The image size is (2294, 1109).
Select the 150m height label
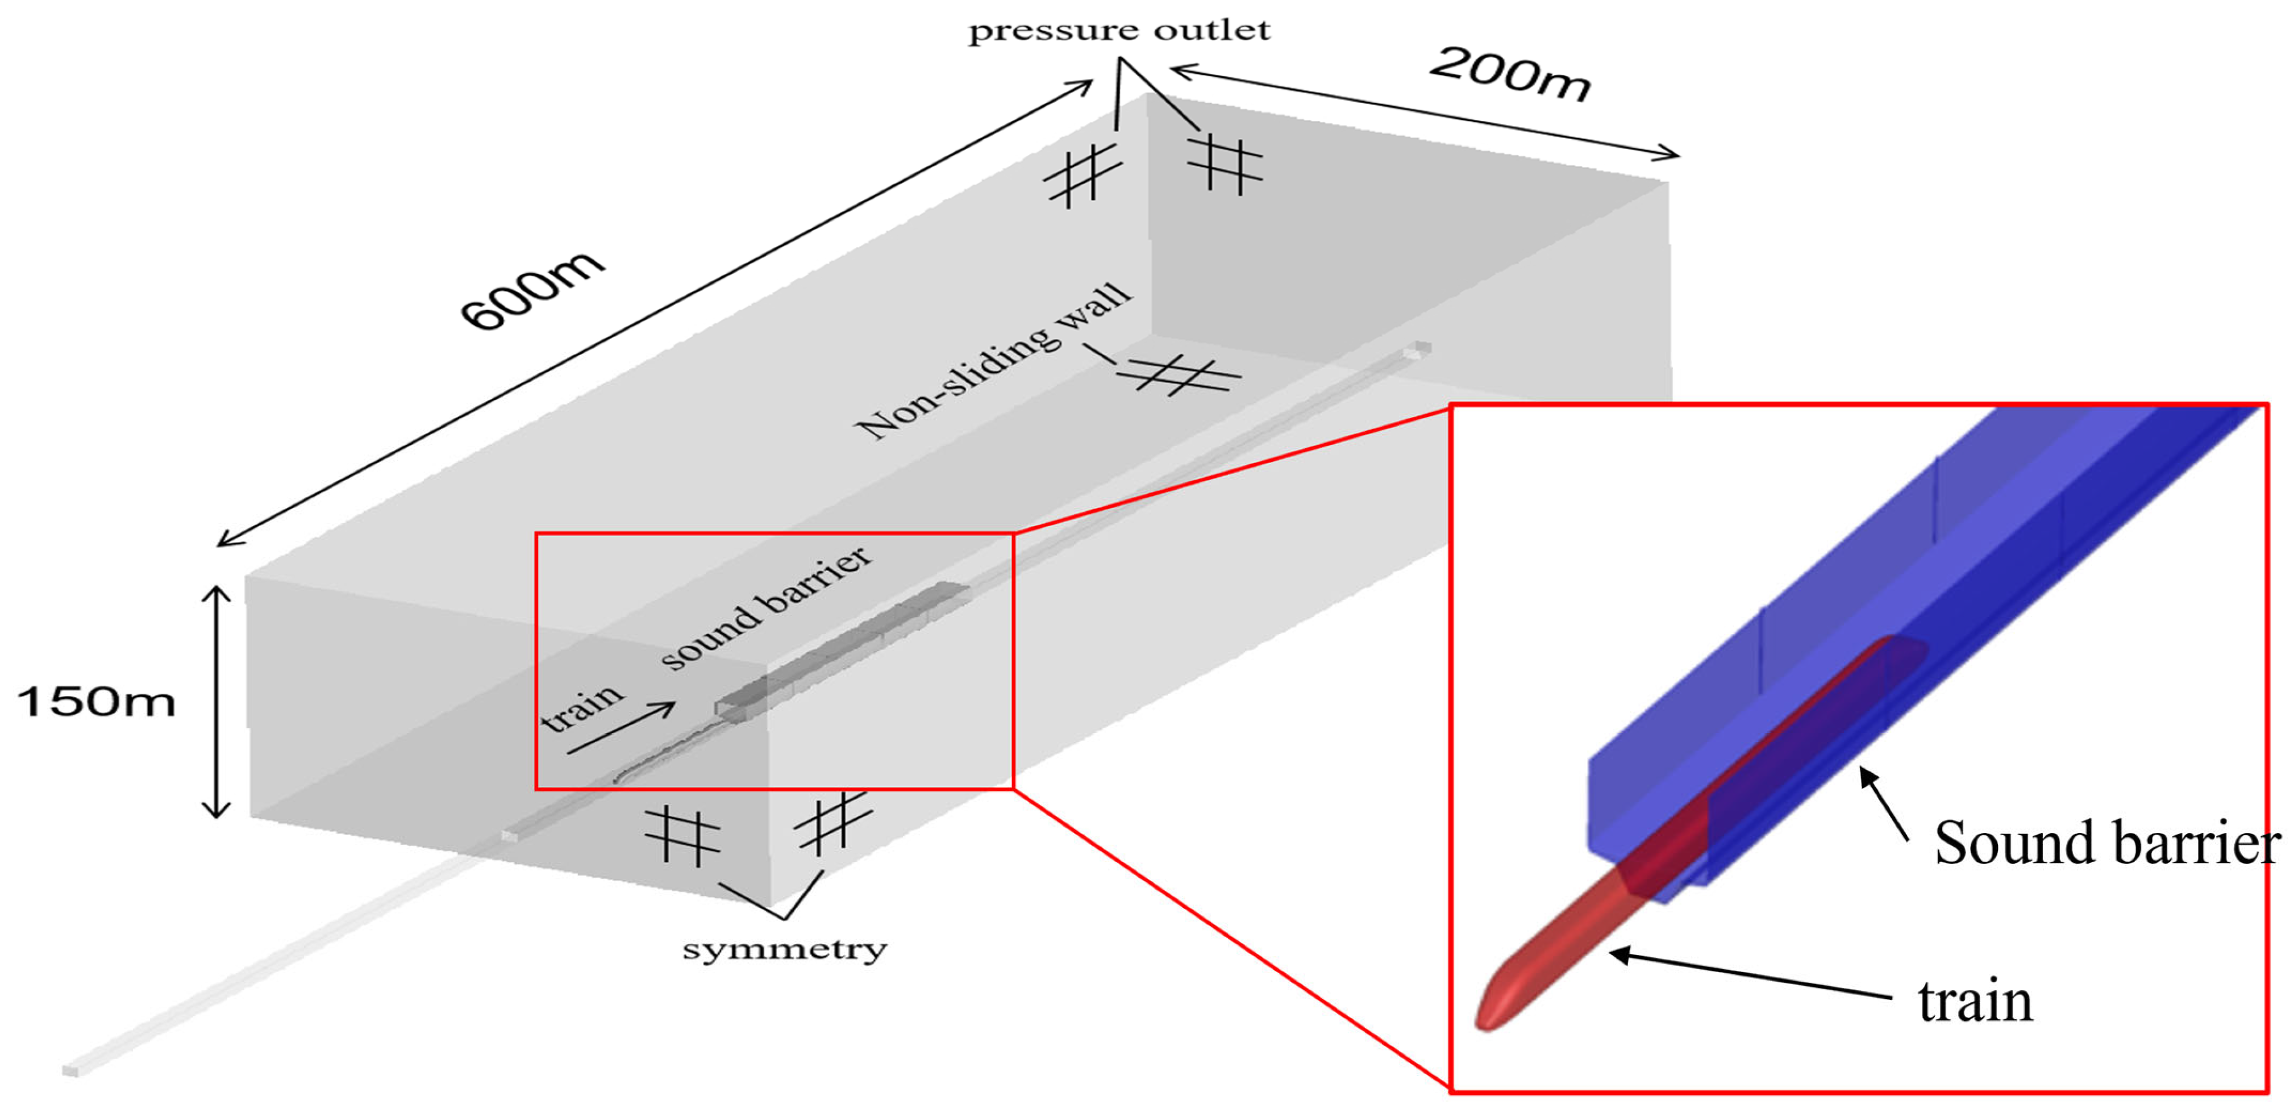point(96,702)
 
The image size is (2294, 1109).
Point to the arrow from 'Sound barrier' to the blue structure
point(1884,804)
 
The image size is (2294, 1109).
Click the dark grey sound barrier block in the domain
point(842,648)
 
